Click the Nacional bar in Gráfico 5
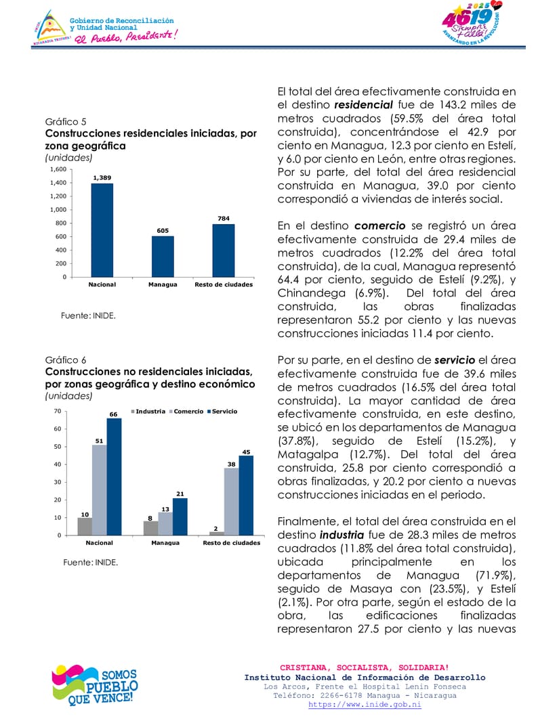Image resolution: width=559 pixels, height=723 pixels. tap(102, 230)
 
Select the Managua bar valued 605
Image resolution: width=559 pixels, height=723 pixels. tap(163, 257)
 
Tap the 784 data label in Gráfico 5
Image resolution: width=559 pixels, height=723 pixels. tap(224, 219)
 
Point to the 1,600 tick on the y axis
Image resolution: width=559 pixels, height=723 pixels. tap(58, 169)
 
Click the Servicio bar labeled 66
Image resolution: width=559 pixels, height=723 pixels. tap(114, 477)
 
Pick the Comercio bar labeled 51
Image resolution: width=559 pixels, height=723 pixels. tap(99, 489)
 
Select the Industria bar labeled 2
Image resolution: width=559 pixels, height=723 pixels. tap(217, 533)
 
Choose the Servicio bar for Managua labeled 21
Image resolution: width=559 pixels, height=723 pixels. tap(180, 517)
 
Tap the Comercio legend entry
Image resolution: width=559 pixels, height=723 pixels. tap(186, 412)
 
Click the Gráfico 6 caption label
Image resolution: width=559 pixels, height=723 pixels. tap(64, 360)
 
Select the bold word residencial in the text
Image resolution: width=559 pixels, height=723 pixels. tap(363, 105)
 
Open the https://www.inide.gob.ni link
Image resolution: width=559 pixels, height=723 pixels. tap(365, 705)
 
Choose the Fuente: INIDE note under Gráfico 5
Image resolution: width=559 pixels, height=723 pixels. tap(88, 315)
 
